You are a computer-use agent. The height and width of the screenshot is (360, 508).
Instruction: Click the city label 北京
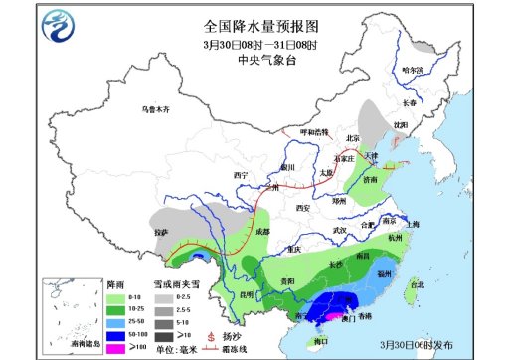tap(350, 138)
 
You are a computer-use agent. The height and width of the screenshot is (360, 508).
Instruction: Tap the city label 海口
tap(320, 341)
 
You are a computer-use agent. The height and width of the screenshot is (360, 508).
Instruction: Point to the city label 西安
tap(304, 207)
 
